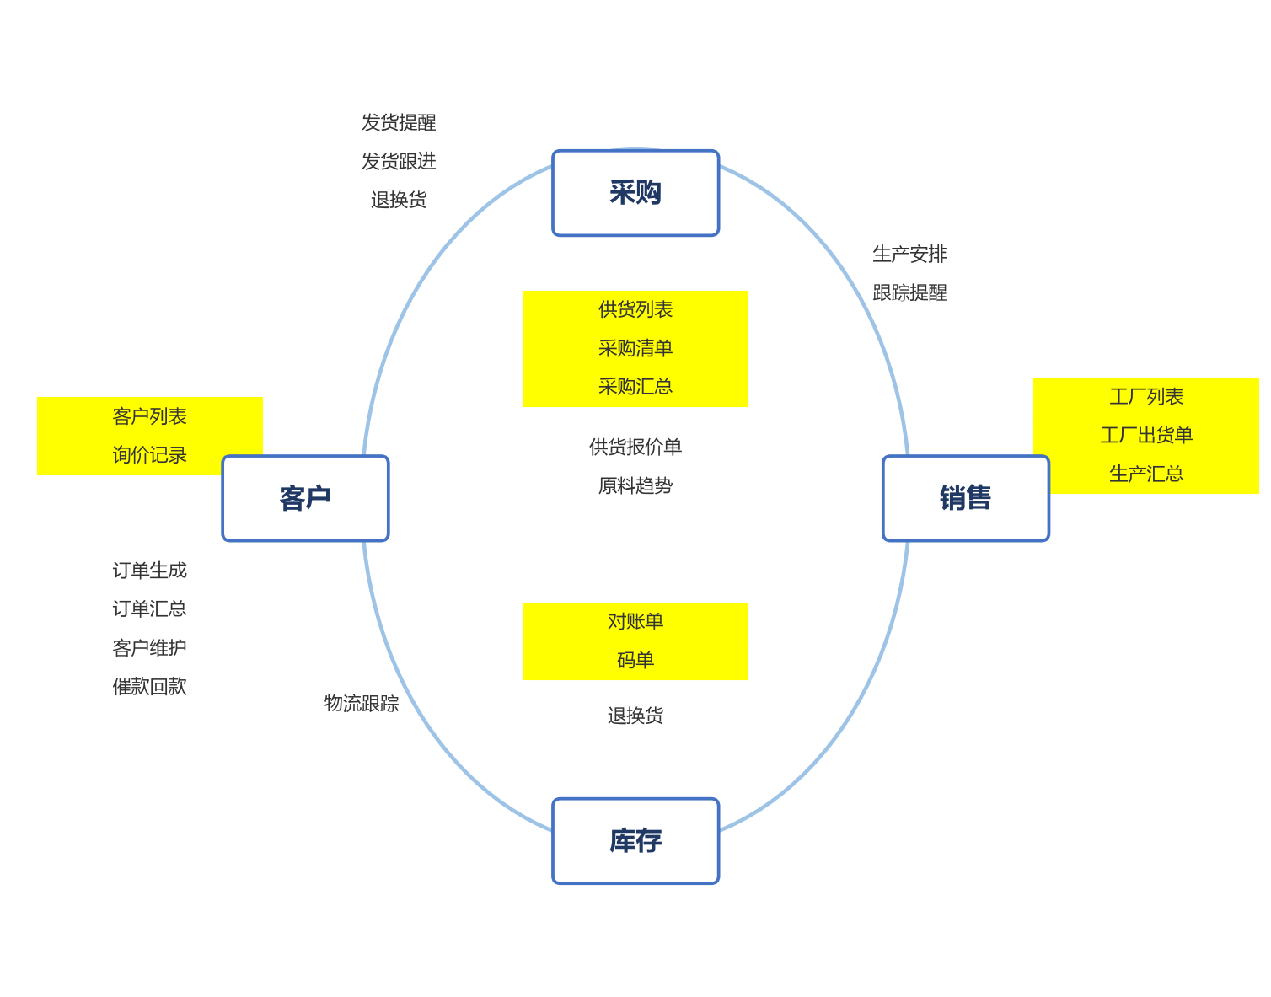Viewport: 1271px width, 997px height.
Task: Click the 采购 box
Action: coord(635,193)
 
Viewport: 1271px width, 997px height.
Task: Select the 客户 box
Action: coord(305,498)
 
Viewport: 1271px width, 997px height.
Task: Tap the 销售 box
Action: coord(966,498)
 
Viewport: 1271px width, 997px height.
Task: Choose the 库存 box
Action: coord(635,841)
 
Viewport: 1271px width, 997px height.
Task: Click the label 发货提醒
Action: coord(399,123)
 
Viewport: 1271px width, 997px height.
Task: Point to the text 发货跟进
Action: coord(399,162)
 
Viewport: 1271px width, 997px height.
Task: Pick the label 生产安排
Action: coord(909,255)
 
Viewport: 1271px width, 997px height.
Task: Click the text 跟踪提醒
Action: coord(909,293)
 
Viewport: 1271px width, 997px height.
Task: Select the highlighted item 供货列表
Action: coord(635,309)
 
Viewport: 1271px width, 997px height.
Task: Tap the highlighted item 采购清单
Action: coord(635,349)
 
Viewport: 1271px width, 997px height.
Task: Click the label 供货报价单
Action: coord(635,448)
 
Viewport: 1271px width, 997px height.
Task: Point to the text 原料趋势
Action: coord(635,486)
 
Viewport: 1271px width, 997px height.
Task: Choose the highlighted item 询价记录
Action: coord(150,455)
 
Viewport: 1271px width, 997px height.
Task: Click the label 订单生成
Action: coord(150,571)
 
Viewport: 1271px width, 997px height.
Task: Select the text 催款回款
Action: coord(150,687)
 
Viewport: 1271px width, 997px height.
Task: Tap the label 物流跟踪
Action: coord(362,703)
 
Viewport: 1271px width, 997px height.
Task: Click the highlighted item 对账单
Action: coord(635,622)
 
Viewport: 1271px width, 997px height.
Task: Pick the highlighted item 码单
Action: coord(635,660)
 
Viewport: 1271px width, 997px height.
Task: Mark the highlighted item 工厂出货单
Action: coord(1146,435)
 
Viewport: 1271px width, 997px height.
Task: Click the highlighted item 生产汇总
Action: coord(1146,474)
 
